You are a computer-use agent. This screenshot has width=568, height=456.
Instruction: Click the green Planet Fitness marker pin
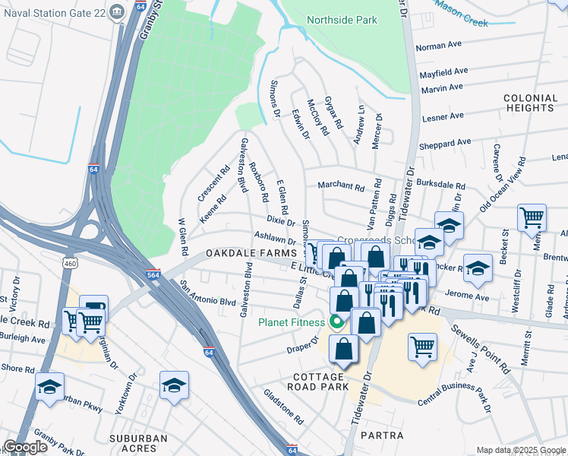tap(336, 322)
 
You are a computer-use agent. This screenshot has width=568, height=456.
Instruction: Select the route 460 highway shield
tap(70, 263)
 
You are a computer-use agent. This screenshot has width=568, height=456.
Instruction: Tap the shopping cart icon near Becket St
tap(532, 219)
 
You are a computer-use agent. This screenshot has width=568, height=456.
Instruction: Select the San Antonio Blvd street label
tap(208, 293)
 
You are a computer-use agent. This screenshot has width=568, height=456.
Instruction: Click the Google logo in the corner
tap(25, 447)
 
